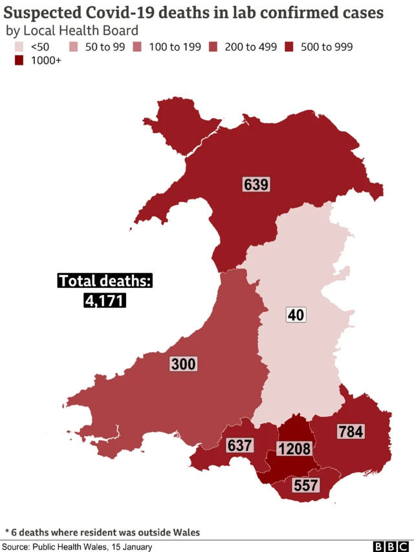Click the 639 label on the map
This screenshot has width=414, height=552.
[x=256, y=184]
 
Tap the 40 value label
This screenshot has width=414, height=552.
[x=296, y=315]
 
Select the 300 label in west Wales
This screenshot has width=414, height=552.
[x=183, y=364]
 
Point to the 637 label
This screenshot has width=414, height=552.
[x=239, y=445]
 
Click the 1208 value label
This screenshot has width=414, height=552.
[x=294, y=448]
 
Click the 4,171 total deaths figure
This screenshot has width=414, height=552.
[x=104, y=300]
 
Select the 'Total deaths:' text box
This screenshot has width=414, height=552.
[x=105, y=281]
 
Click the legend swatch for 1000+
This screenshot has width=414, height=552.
[x=19, y=61]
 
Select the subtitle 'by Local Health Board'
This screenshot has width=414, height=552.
[x=72, y=30]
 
